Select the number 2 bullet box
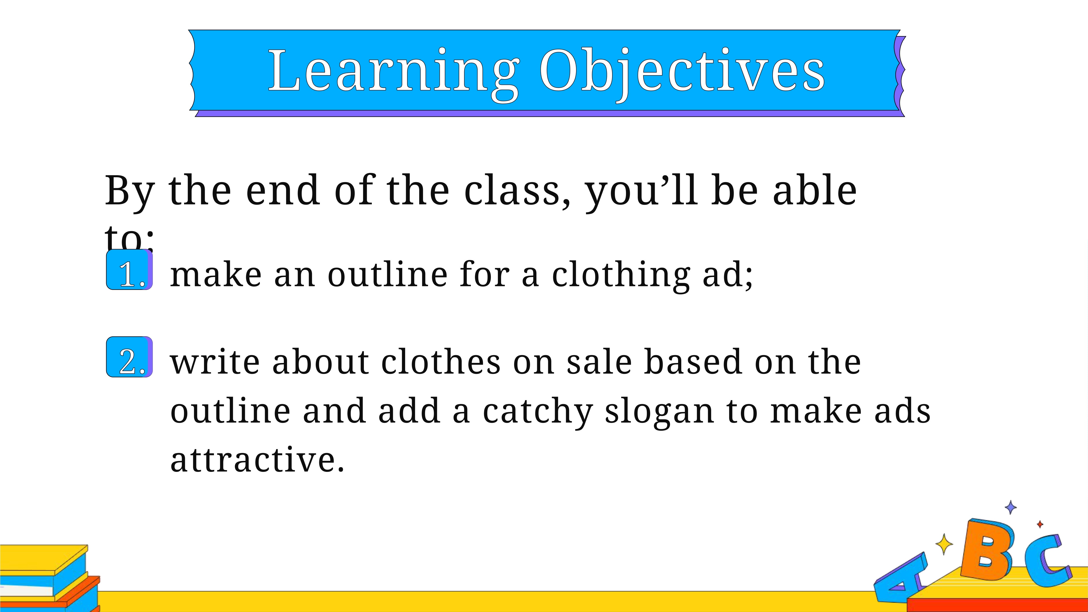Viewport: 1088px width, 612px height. [129, 357]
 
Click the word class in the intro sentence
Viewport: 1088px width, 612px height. [517, 190]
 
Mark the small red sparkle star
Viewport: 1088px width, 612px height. [1040, 524]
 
